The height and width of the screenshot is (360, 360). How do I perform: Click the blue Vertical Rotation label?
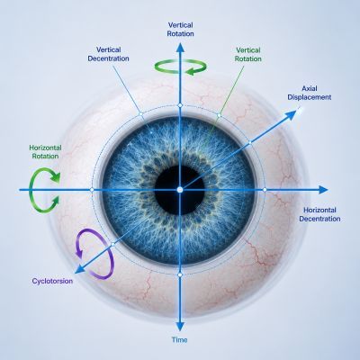tap(180, 30)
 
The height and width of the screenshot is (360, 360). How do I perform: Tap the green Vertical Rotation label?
tap(248, 54)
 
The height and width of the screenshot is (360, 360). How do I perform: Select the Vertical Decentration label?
tap(108, 54)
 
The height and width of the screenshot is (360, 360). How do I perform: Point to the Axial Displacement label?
tap(310, 93)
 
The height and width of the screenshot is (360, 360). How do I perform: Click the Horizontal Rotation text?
tap(45, 152)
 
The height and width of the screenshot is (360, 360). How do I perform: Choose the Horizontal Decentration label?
tap(319, 214)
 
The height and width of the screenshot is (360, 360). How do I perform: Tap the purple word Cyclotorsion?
tap(52, 281)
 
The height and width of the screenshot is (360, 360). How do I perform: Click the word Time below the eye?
tap(180, 339)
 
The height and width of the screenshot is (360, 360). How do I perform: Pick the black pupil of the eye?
tap(180, 190)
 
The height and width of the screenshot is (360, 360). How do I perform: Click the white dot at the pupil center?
tap(180, 190)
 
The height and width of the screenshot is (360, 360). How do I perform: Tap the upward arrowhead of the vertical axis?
tap(180, 48)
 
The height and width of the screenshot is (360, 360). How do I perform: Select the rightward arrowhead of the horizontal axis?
tap(323, 190)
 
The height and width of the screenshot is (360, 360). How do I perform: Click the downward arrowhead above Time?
tap(180, 327)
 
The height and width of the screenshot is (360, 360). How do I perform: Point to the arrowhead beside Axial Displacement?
tap(292, 115)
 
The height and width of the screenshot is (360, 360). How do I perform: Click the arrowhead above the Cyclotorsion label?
tap(79, 269)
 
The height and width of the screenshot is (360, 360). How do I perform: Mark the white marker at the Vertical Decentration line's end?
tap(140, 113)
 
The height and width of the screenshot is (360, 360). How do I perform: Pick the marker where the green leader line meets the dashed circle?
tap(219, 115)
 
